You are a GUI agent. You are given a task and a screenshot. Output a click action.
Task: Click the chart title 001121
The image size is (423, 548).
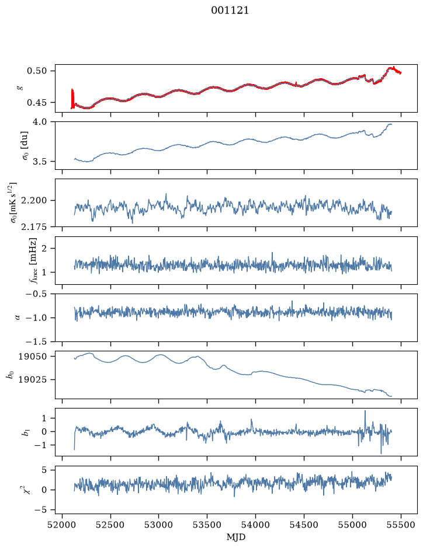tap(230, 11)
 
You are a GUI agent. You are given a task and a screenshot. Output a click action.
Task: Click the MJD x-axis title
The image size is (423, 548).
tap(236, 537)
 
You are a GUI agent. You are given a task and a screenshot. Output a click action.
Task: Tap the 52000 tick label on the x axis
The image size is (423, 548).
tap(63, 525)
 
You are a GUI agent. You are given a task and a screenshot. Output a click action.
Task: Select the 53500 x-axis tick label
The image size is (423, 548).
tap(207, 525)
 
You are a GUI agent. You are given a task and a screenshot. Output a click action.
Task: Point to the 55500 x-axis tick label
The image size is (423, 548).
tap(401, 525)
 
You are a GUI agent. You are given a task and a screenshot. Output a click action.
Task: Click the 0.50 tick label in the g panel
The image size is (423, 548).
tap(37, 71)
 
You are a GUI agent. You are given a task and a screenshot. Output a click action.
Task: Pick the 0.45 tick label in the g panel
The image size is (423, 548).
tap(37, 103)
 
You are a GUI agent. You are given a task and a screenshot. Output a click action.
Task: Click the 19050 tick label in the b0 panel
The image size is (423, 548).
tap(33, 357)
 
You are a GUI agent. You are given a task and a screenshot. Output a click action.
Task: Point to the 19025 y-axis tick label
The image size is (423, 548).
tap(33, 379)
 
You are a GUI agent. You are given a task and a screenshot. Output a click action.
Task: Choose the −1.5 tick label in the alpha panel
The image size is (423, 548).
tap(36, 341)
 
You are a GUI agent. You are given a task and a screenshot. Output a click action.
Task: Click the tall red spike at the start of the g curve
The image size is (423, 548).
tap(72, 99)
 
